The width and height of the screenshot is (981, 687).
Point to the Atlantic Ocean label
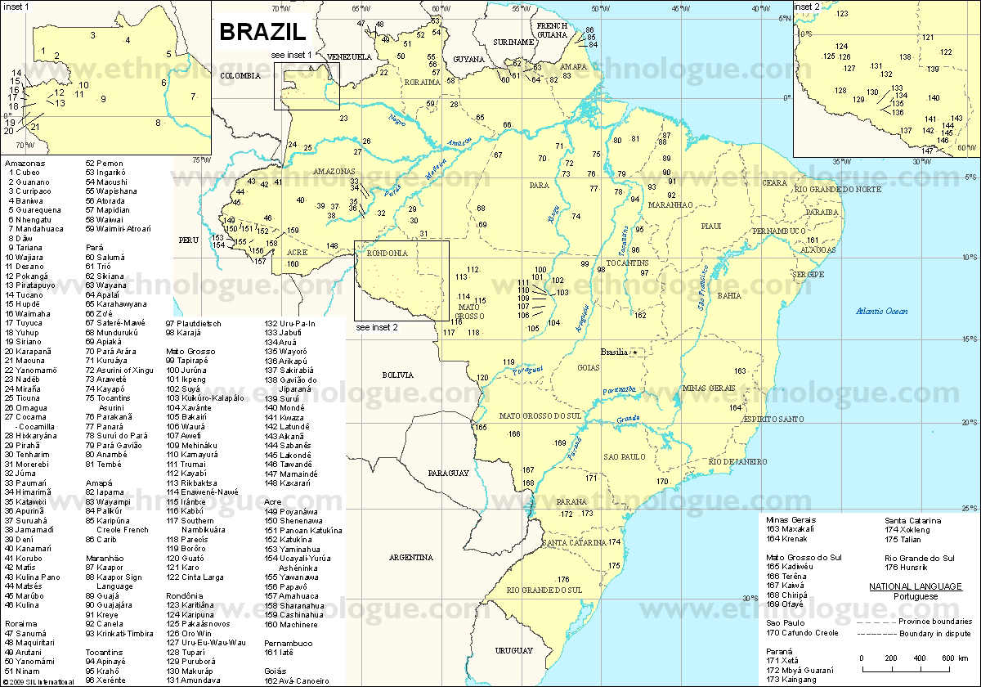pyautogui.click(x=882, y=311)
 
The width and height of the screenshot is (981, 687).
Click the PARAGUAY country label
pyautogui.click(x=448, y=474)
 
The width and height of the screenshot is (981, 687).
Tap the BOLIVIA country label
pyautogui.click(x=398, y=375)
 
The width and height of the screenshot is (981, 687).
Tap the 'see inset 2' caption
pyautogui.click(x=377, y=327)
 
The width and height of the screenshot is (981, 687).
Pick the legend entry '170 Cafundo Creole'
pyautogui.click(x=802, y=633)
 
